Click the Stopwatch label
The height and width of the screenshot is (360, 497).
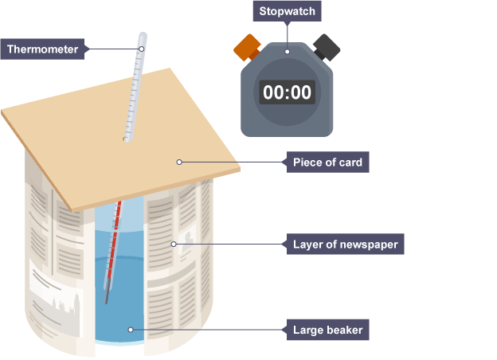pyautogui.click(x=288, y=12)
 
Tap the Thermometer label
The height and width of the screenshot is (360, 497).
pyautogui.click(x=43, y=49)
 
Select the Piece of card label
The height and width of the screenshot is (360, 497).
pyautogui.click(x=327, y=163)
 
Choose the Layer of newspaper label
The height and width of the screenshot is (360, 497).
pyautogui.click(x=345, y=244)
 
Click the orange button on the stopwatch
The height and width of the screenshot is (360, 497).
pyautogui.click(x=246, y=47)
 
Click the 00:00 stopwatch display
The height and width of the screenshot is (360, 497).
pyautogui.click(x=287, y=92)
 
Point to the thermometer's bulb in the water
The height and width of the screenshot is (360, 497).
pyautogui.click(x=105, y=299)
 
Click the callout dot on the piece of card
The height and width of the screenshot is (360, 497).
pyautogui.click(x=179, y=162)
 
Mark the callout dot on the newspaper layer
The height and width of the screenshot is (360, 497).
pyautogui.click(x=172, y=243)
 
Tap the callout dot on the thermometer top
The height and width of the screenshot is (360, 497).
pyautogui.click(x=142, y=49)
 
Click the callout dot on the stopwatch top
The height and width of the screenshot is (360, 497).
pyautogui.click(x=288, y=52)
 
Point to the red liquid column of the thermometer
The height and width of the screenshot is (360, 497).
pyautogui.click(x=113, y=247)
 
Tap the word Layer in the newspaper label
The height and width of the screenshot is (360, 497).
pyautogui.click(x=307, y=244)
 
